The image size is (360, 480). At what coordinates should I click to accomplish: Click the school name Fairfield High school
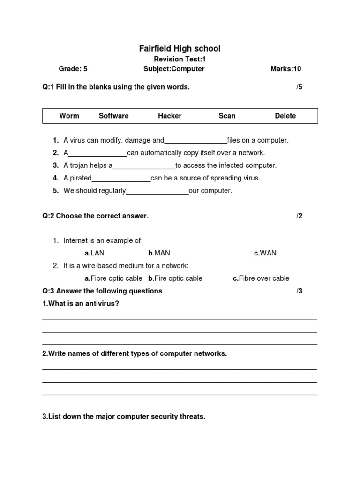pos(180,49)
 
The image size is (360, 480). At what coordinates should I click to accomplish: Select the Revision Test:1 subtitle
pos(180,59)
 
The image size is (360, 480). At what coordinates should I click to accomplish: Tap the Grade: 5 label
pos(73,69)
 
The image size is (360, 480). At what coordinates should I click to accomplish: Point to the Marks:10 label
pos(285,69)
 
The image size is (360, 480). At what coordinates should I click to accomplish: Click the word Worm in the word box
pos(69,116)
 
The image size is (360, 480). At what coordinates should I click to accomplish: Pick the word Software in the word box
pos(113,116)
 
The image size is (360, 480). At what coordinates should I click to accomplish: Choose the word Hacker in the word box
pos(170,116)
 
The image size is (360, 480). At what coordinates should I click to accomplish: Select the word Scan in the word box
pos(227,116)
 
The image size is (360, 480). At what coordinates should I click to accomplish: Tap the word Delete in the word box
pos(285,116)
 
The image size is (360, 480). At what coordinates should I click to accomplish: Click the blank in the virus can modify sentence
pos(195,141)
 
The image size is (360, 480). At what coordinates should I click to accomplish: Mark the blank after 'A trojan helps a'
pos(144,166)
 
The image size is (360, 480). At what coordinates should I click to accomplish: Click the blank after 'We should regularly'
pos(157,191)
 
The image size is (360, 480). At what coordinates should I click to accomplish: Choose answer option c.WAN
pos(265,253)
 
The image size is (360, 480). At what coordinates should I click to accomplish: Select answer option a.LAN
pos(94,253)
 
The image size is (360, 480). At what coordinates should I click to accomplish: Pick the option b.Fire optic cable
pos(175,278)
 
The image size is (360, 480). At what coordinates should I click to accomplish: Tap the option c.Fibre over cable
pos(261,278)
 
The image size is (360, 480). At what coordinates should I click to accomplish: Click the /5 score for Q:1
pos(300,87)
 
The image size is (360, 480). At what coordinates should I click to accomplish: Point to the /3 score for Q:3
pos(300,291)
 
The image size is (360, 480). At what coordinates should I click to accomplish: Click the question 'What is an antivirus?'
pos(81,304)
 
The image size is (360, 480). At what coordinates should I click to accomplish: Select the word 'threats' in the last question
pos(193,417)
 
